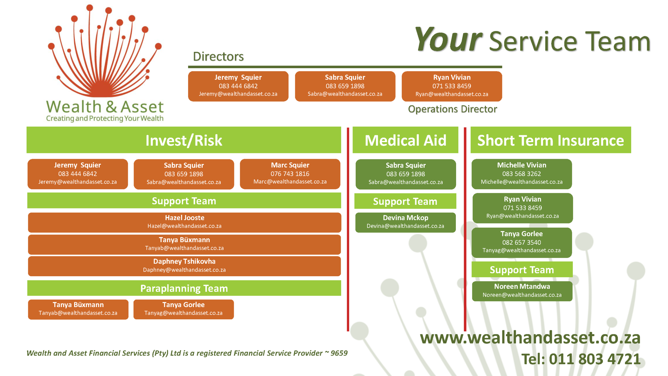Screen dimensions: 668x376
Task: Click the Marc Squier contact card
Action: [x=290, y=174]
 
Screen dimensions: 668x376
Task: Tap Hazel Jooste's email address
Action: [x=184, y=226]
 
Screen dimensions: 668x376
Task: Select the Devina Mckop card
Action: [x=405, y=222]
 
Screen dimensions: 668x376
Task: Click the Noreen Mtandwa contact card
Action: [x=522, y=291]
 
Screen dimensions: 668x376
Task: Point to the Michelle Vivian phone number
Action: [x=521, y=174]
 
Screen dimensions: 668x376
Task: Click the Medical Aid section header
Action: [x=405, y=140]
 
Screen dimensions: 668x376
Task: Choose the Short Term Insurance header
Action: [x=551, y=140]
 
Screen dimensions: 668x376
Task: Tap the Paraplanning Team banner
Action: [x=184, y=288]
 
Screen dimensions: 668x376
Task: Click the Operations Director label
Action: [x=452, y=109]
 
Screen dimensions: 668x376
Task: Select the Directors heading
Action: [x=218, y=56]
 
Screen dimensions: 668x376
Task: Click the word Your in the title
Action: [x=448, y=40]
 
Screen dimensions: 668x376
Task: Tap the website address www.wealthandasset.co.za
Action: [x=530, y=338]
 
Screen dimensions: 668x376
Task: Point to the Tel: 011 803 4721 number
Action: [x=581, y=359]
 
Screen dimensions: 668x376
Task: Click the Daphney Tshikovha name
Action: [x=184, y=261]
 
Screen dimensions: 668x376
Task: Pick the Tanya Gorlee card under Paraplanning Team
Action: [x=183, y=309]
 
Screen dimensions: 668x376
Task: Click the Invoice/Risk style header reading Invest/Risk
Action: [x=184, y=140]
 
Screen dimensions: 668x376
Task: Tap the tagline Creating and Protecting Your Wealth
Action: [x=105, y=119]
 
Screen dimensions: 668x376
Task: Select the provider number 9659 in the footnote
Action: [x=339, y=353]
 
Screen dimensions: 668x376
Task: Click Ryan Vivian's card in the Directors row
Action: [x=452, y=86]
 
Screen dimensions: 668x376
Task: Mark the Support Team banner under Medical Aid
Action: [x=405, y=201]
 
